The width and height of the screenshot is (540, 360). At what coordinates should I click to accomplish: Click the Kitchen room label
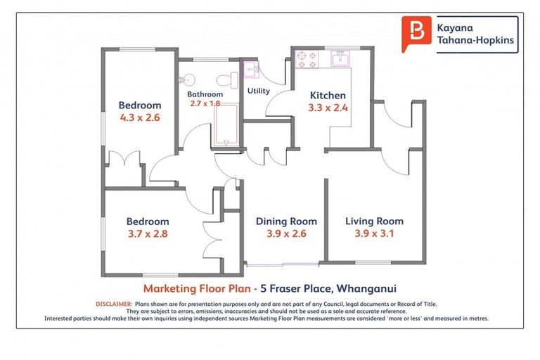(x=328, y=96)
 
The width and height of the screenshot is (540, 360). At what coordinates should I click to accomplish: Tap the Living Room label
(x=374, y=221)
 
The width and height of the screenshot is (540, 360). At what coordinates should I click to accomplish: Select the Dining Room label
(x=285, y=221)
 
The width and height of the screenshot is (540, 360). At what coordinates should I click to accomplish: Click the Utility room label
(x=259, y=91)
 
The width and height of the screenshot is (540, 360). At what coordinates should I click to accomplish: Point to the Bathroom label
(x=205, y=94)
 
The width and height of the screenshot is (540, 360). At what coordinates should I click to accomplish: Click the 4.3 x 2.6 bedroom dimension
(x=139, y=118)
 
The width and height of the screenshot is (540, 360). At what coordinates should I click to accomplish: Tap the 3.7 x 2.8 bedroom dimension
(x=148, y=234)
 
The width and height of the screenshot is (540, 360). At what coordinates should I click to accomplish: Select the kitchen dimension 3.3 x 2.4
(x=328, y=108)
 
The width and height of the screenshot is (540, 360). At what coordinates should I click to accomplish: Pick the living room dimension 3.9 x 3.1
(x=374, y=234)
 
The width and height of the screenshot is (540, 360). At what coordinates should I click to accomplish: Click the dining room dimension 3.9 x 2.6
(x=285, y=234)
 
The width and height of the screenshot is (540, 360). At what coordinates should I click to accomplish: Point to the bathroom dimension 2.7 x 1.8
(x=205, y=103)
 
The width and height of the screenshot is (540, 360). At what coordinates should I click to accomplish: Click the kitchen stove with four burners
(x=306, y=58)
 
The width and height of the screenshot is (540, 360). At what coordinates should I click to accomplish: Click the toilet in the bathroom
(x=223, y=78)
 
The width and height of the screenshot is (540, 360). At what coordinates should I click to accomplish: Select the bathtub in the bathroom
(x=225, y=127)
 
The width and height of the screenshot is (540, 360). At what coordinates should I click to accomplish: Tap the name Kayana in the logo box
(x=458, y=27)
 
